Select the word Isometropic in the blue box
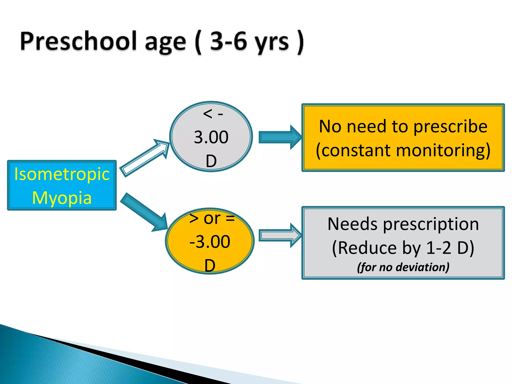pyautogui.click(x=62, y=174)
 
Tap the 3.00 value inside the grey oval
pyautogui.click(x=211, y=137)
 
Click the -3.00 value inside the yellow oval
pyautogui.click(x=210, y=242)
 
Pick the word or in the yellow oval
pyautogui.click(x=212, y=218)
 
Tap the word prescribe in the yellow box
pyautogui.click(x=450, y=126)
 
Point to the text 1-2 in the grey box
pyautogui.click(x=438, y=248)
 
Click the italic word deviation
pyautogui.click(x=422, y=267)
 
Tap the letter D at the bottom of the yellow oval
pyautogui.click(x=210, y=265)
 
